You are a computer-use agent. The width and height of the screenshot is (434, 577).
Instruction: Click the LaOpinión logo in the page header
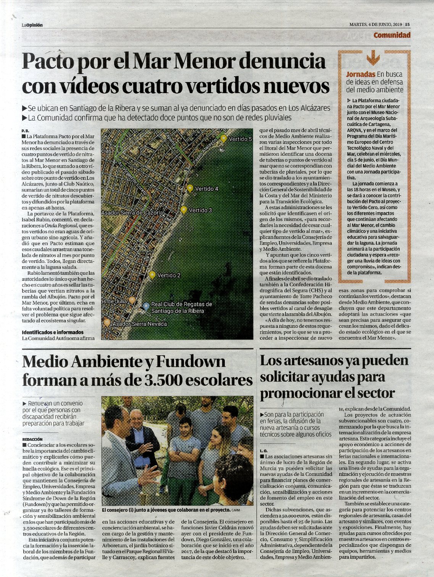(32, 25)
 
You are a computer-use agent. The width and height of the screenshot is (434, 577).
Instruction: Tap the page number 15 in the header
(408, 24)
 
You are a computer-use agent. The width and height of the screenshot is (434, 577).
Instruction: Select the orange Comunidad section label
(392, 35)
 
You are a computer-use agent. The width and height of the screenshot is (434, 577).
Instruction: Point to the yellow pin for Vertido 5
(224, 138)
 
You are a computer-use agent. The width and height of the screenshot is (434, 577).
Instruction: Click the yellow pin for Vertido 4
(190, 188)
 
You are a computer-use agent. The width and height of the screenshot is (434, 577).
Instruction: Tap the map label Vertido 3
(200, 210)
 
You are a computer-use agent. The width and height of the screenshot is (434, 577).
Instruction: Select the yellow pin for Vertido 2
(152, 275)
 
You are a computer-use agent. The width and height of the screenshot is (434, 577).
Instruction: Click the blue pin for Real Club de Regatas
(146, 306)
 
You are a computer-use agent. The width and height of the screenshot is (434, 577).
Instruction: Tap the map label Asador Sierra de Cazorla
(132, 213)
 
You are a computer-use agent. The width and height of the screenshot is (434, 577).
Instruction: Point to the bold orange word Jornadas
(360, 74)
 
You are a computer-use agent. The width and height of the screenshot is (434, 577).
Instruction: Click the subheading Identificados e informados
(53, 332)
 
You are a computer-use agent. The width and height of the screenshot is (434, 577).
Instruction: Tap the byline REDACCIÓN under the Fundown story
(32, 440)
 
